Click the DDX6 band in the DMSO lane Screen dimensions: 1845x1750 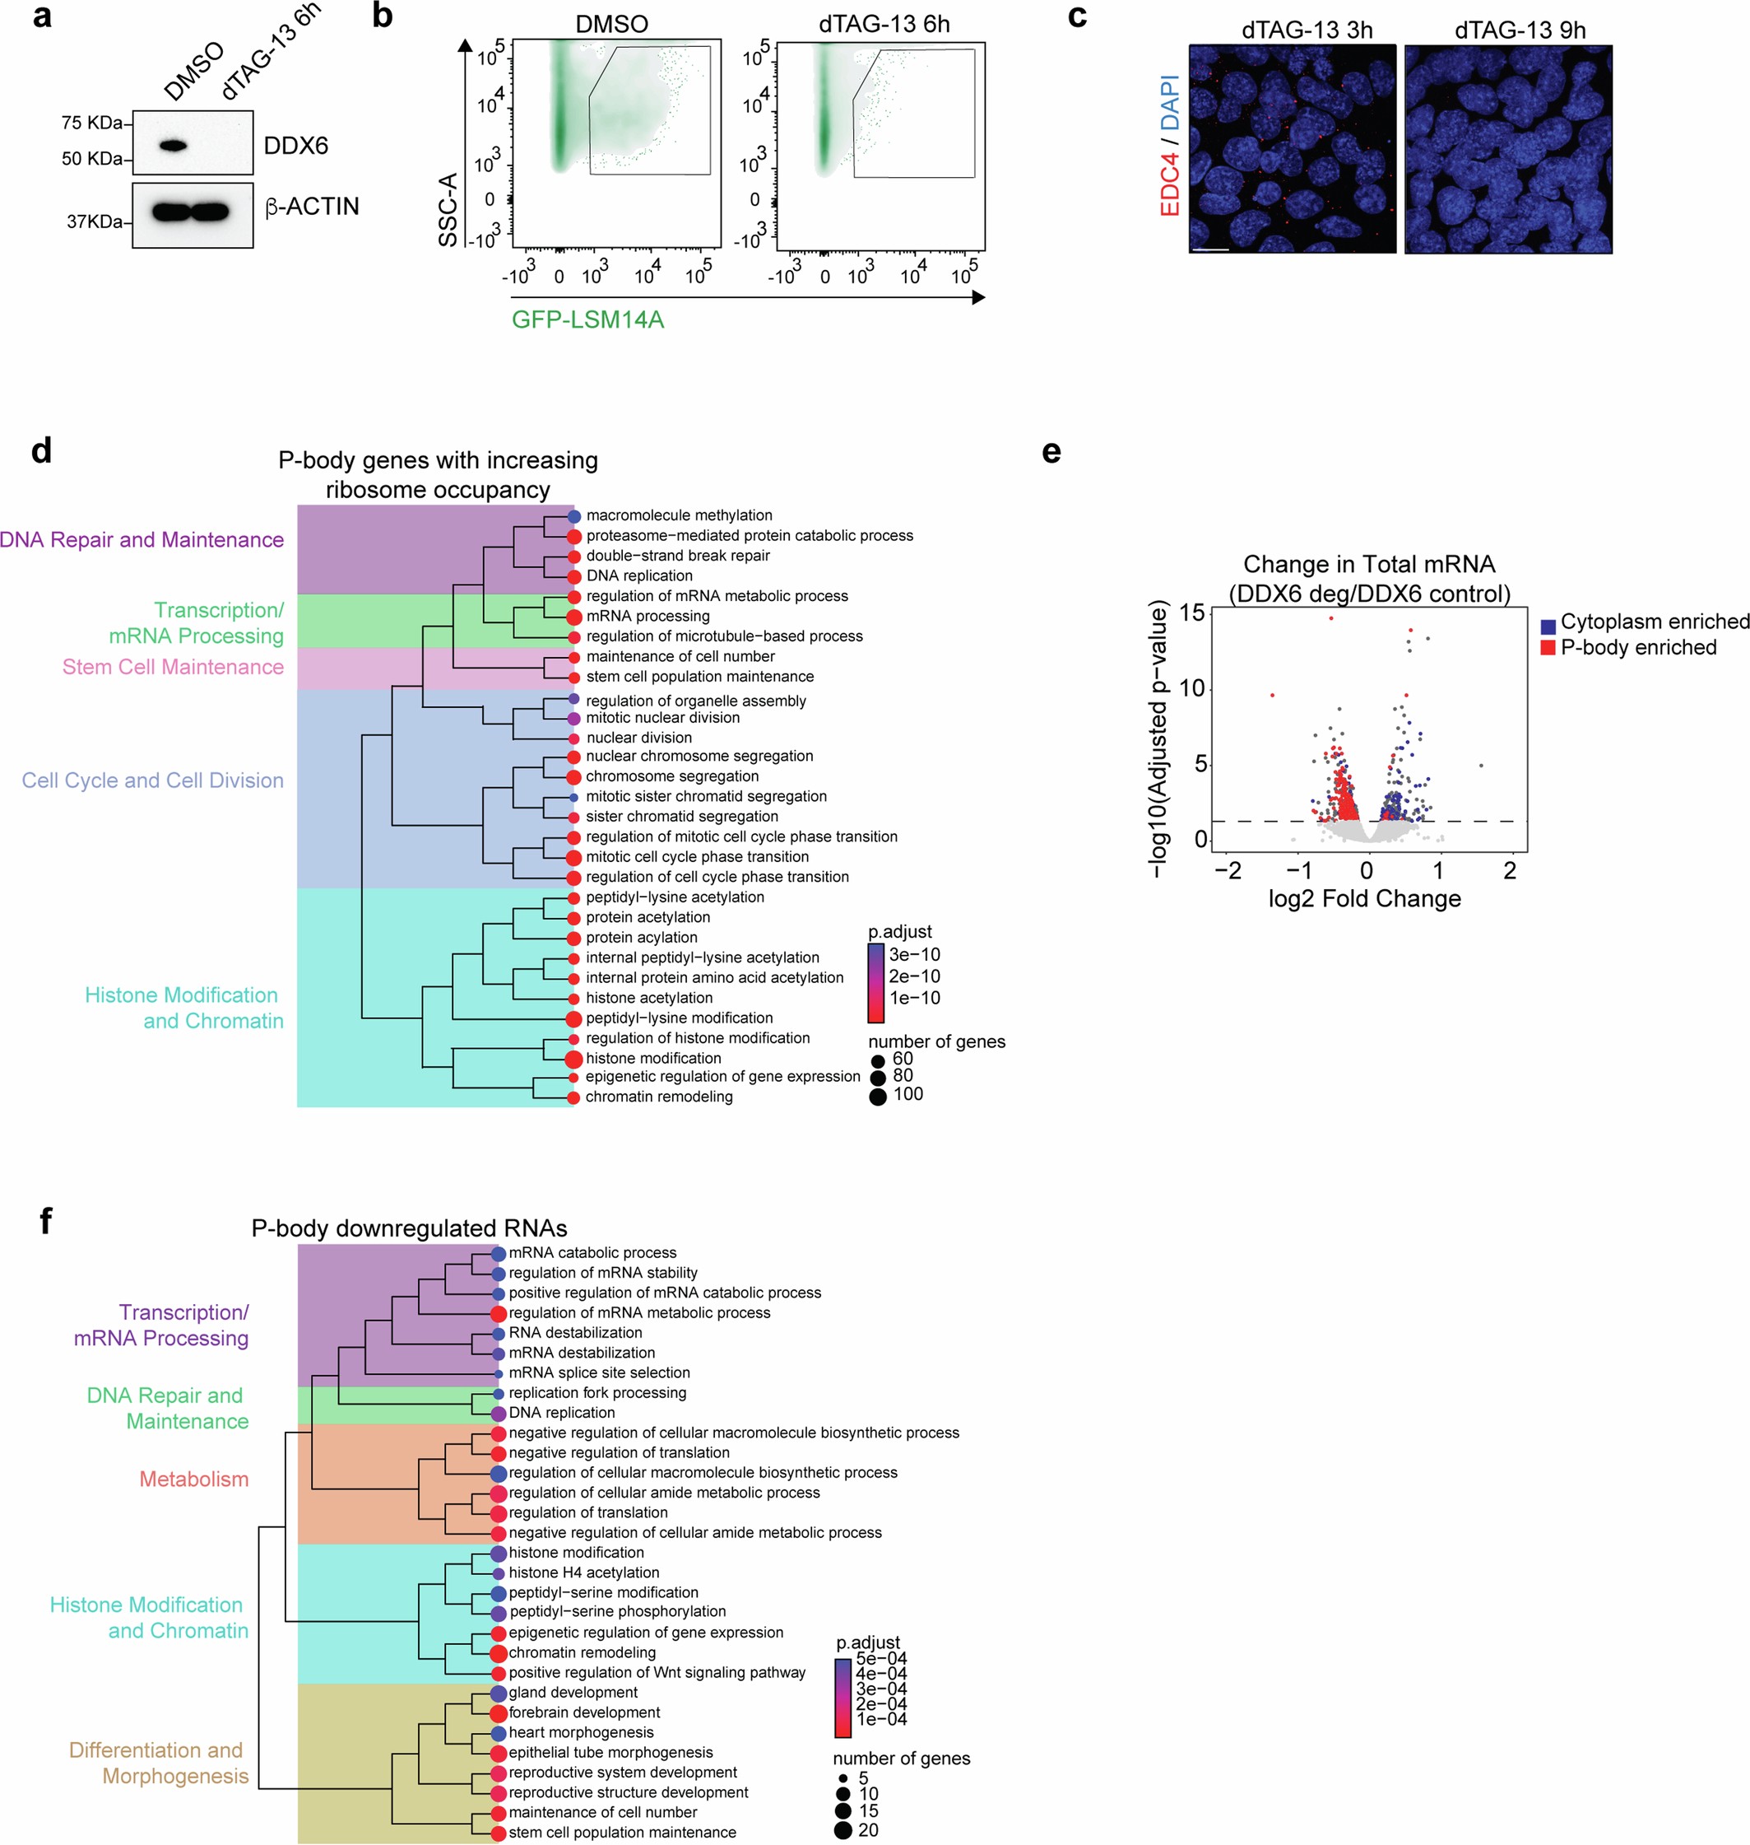(x=174, y=146)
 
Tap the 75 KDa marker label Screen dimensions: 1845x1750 (x=91, y=122)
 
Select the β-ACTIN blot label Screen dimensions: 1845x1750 (x=313, y=207)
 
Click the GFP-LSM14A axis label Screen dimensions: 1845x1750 (x=587, y=320)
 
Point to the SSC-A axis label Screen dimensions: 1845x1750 (x=448, y=210)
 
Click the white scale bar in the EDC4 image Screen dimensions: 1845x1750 (x=1210, y=249)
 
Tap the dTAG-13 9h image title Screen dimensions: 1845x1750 (x=1520, y=30)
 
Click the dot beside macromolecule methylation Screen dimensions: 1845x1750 (x=574, y=516)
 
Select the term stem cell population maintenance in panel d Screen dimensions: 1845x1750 (x=699, y=677)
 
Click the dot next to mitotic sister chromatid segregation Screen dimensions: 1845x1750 (x=573, y=797)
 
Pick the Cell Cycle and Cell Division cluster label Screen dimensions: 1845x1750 (x=152, y=780)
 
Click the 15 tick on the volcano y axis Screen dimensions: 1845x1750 (x=1191, y=613)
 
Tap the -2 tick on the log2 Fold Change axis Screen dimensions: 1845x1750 (x=1228, y=871)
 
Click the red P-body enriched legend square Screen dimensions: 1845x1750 (x=1548, y=648)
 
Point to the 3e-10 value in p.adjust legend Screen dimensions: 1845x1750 (x=914, y=955)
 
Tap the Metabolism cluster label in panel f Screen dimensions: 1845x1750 (x=194, y=1479)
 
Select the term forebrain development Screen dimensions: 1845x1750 (x=584, y=1712)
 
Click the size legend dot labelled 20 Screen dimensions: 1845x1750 (x=843, y=1830)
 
